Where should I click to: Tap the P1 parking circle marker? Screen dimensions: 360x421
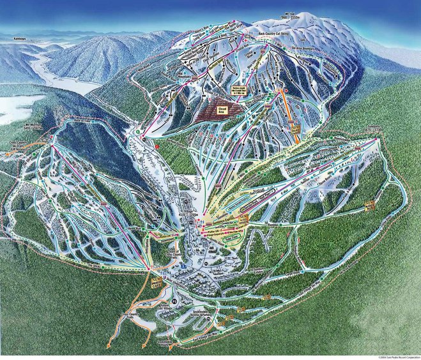(x=174, y=299)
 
